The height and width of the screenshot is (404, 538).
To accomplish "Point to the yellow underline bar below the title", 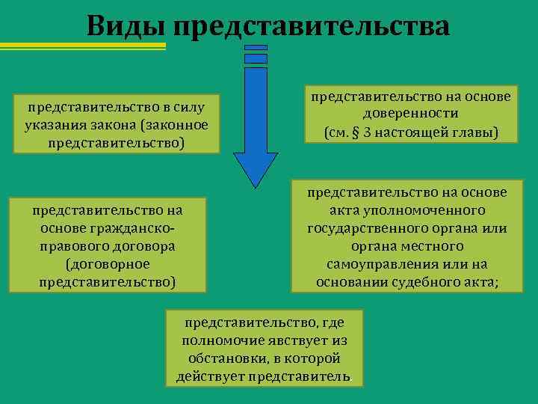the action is [82, 46].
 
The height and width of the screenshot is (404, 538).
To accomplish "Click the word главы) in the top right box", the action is [472, 133].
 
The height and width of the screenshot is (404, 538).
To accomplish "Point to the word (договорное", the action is [108, 264].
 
